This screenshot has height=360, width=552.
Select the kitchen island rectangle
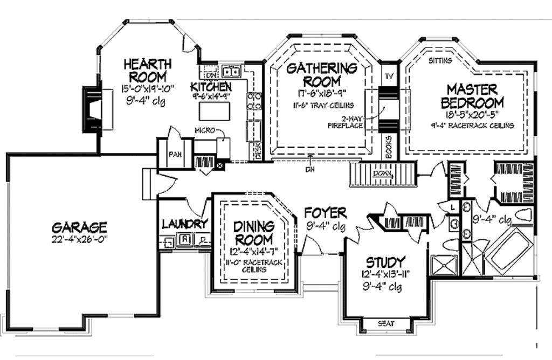pos(215,110)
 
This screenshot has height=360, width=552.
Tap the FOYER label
pos(325,212)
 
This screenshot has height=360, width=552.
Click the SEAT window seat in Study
pos(385,324)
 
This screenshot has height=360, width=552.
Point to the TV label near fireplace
pos(388,76)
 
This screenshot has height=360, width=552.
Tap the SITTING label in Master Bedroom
pos(440,61)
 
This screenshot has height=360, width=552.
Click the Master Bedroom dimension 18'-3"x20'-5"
pos(472,115)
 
